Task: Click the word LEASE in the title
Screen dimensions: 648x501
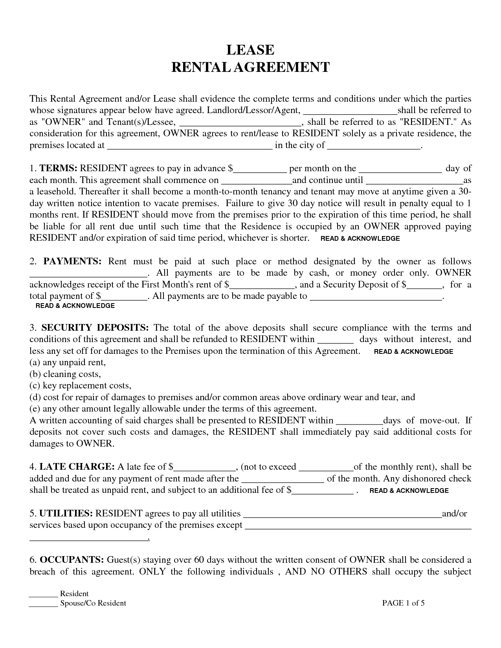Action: tap(250, 50)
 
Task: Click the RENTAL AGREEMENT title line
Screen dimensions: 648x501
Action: tap(250, 67)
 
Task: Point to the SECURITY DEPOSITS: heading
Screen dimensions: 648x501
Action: tap(95, 328)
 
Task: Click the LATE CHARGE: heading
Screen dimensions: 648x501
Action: tap(77, 467)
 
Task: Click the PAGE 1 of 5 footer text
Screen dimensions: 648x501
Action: tap(403, 603)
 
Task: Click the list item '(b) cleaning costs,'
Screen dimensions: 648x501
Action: tap(65, 374)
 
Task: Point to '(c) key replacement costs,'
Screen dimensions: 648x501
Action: tap(80, 386)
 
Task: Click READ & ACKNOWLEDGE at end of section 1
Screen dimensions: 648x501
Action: tap(360, 238)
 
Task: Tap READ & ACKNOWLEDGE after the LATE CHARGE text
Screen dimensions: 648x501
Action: tap(409, 491)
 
